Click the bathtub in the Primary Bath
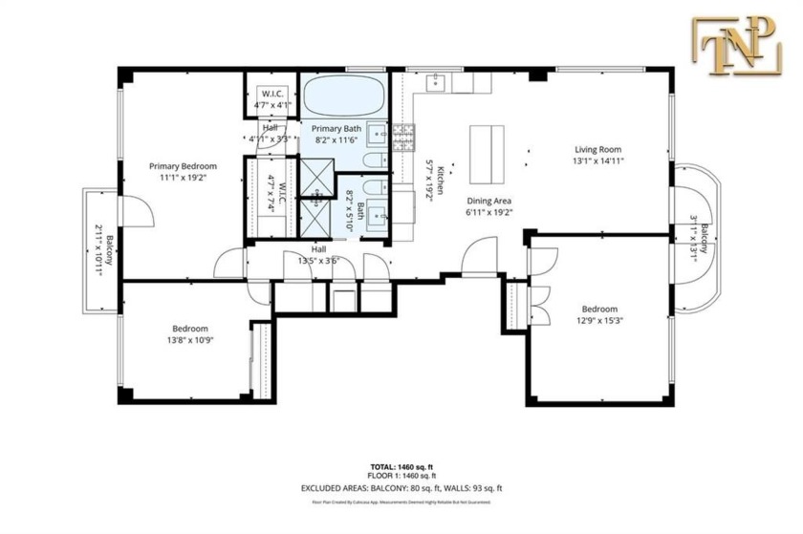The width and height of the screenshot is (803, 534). (343, 98)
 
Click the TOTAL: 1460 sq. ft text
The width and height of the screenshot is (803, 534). (401, 468)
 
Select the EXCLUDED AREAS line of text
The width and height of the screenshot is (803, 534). (401, 487)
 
